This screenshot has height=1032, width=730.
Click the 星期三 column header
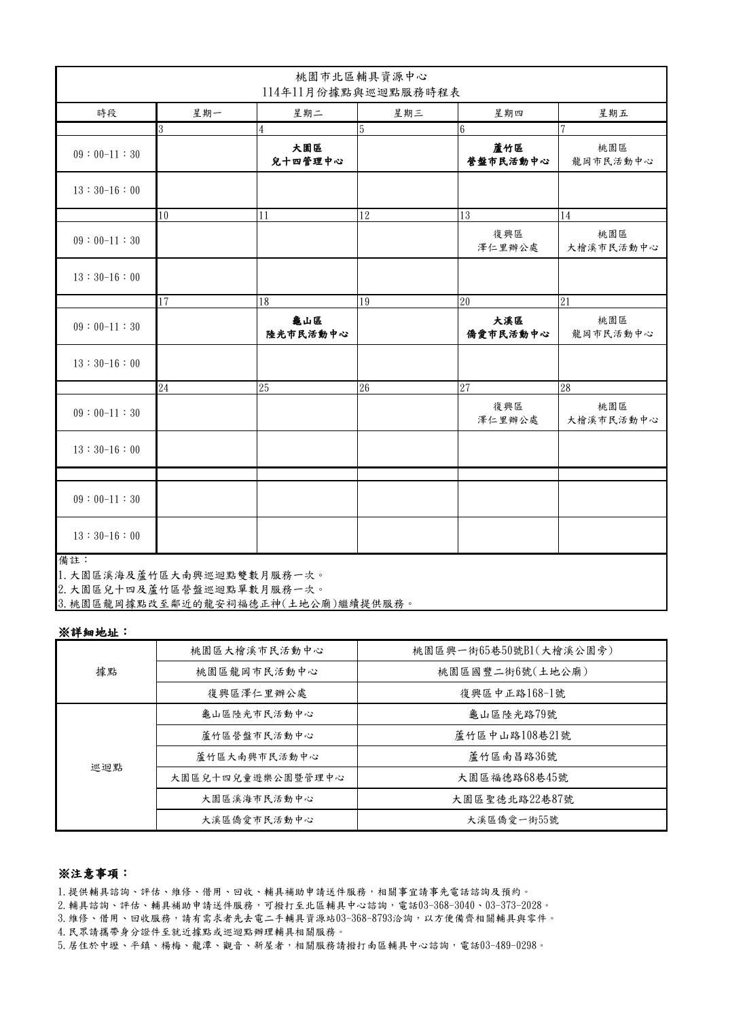coord(407,113)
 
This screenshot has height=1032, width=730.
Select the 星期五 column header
coord(613,113)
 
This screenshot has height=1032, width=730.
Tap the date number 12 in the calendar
coord(365,216)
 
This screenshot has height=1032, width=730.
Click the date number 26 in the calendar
coord(365,388)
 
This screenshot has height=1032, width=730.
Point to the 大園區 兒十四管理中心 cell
coord(307,155)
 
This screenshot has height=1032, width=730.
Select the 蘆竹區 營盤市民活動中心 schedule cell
coord(508,155)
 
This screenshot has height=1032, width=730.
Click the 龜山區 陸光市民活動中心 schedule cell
coord(307,327)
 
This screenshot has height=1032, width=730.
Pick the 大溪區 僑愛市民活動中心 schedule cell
coord(508,327)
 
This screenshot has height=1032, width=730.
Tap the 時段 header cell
coord(107,113)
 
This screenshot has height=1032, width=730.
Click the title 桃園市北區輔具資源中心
coord(361,76)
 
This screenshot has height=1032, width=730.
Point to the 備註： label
coord(71,561)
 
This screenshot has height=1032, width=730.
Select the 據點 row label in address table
coord(107,671)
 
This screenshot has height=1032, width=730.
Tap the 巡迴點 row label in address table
coord(107,767)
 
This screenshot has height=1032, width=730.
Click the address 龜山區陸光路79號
coord(513,714)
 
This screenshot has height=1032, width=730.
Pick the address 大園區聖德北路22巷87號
coord(513,799)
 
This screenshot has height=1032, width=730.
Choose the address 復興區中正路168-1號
coord(513,693)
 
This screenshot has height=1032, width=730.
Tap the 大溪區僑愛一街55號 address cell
coord(513,820)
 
